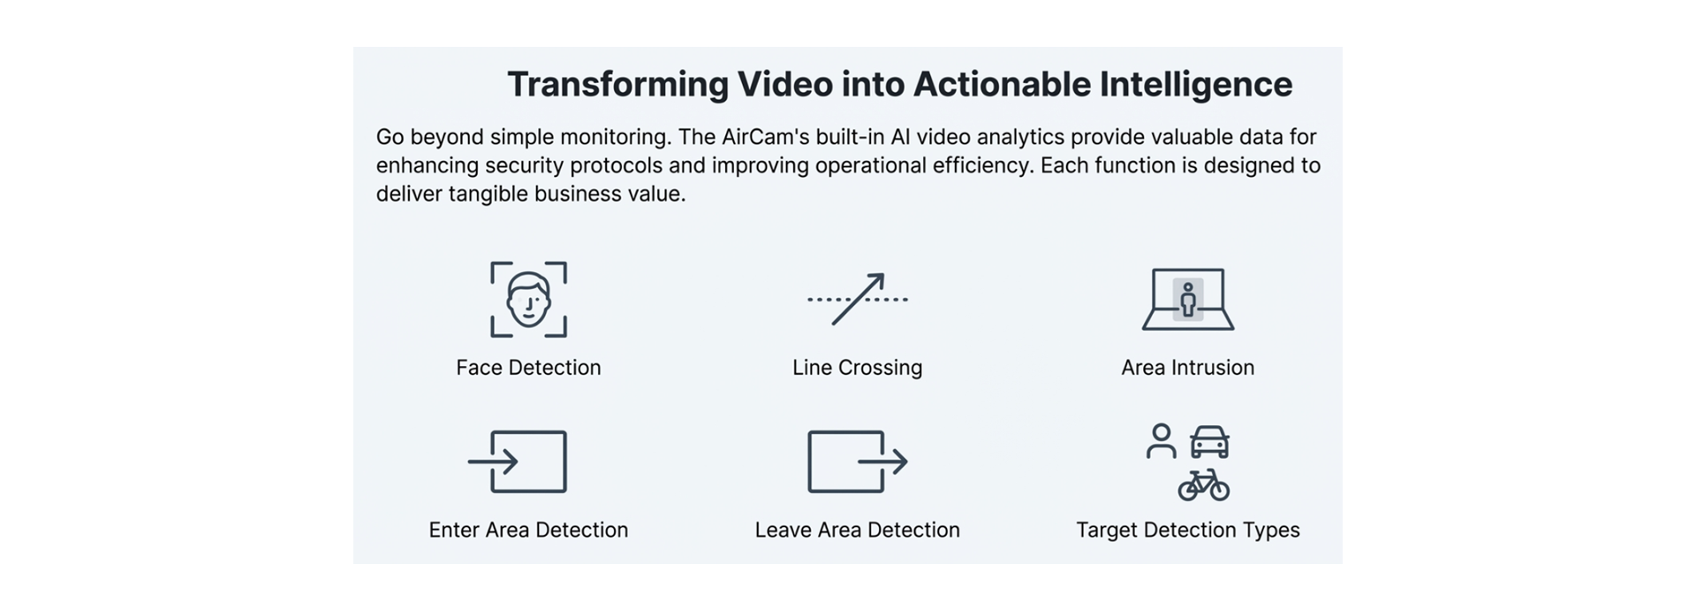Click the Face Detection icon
click(x=528, y=300)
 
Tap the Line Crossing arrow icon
click(x=857, y=300)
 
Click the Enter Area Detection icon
click(x=517, y=461)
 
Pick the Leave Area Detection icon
click(x=857, y=461)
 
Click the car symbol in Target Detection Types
click(x=1209, y=442)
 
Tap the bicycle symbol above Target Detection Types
click(x=1203, y=485)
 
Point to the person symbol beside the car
click(x=1161, y=441)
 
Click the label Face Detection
click(x=528, y=368)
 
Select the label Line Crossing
click(x=857, y=368)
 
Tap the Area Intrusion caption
click(x=1187, y=368)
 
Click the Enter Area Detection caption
click(x=528, y=530)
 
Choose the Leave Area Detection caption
click(x=857, y=530)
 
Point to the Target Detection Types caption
click(x=1187, y=530)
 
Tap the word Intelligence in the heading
click(x=1195, y=85)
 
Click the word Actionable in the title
click(x=1002, y=85)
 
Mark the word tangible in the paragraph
click(x=490, y=194)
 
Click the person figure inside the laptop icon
click(x=1188, y=300)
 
